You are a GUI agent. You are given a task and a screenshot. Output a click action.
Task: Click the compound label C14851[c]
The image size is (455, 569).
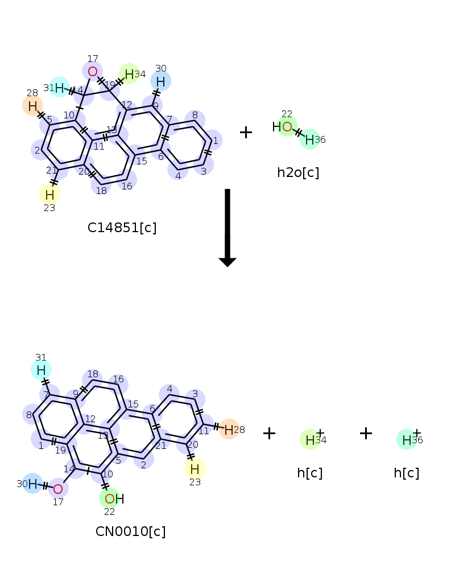click(122, 228)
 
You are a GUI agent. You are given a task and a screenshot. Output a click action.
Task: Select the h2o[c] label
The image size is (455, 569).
click(298, 172)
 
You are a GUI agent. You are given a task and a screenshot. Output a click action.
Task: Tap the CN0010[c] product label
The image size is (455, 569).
click(130, 531)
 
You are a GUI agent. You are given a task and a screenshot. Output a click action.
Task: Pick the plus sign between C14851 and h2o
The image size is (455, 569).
click(246, 133)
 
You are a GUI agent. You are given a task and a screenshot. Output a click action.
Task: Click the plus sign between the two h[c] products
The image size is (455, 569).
click(366, 434)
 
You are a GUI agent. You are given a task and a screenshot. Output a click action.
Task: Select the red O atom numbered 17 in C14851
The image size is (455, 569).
click(92, 71)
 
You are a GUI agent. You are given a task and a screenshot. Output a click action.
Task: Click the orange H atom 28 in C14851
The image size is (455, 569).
click(32, 105)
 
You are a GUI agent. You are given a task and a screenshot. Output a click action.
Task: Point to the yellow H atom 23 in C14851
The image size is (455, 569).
click(49, 195)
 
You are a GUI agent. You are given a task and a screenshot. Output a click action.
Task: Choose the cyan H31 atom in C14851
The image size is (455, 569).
click(59, 88)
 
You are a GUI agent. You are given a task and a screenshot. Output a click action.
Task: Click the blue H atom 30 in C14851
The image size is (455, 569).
click(160, 82)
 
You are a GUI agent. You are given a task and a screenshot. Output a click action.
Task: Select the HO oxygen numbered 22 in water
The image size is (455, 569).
click(287, 126)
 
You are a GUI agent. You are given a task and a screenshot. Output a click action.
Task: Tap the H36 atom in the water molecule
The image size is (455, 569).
click(309, 139)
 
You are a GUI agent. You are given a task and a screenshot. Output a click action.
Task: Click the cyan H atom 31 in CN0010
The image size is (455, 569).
click(41, 370)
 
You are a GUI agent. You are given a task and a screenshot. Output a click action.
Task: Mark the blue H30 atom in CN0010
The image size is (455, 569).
click(32, 484)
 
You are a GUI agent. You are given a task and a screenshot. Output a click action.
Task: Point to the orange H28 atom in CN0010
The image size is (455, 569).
click(229, 429)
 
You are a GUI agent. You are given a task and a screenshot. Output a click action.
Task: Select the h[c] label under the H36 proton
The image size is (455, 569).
click(406, 473)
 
